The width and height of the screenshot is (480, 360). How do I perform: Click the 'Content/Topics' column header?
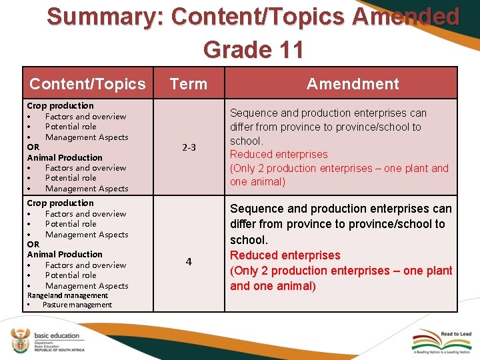tap(87, 84)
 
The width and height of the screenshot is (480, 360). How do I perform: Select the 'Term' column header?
tap(189, 84)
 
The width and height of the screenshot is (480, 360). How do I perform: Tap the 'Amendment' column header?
tap(353, 84)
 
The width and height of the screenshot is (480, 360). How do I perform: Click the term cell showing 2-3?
tap(189, 147)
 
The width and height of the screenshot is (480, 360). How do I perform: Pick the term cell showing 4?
tap(189, 262)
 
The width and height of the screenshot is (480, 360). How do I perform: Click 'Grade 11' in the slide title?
tap(253, 49)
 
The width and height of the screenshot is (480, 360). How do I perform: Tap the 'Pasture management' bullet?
tap(77, 305)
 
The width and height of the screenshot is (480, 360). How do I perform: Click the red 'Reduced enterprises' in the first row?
tap(279, 155)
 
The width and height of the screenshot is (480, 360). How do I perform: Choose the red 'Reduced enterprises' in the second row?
tap(285, 255)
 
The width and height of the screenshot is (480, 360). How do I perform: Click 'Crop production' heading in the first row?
tap(60, 105)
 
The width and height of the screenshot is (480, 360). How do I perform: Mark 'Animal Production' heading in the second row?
tap(65, 254)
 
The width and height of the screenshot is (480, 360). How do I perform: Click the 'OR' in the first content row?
tap(33, 147)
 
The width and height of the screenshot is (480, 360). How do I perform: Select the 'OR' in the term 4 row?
tap(33, 244)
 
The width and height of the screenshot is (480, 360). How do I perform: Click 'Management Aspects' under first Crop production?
tap(87, 137)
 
